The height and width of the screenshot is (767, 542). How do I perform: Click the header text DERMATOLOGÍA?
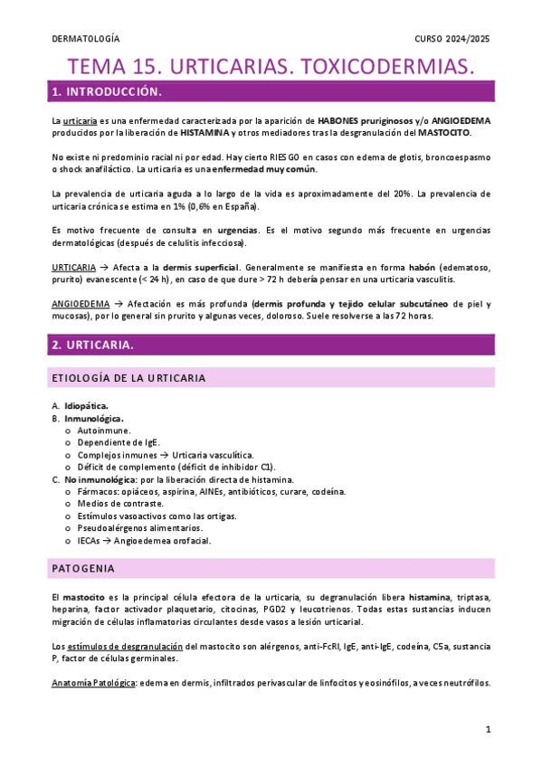[87, 40]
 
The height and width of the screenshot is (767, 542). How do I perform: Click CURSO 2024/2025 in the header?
[452, 40]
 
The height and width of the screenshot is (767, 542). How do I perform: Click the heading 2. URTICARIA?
[93, 346]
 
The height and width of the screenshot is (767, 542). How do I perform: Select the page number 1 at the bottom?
[487, 729]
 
